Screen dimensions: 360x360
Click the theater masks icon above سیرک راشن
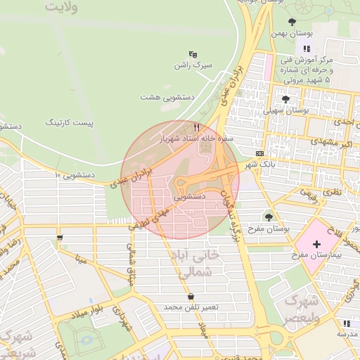(x=193, y=54)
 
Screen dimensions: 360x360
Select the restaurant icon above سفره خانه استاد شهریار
(x=197, y=127)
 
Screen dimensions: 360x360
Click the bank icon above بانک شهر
(x=259, y=153)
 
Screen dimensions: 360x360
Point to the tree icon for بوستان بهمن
(x=292, y=22)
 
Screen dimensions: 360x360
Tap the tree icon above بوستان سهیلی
(x=285, y=99)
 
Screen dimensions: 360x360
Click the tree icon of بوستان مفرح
(x=269, y=217)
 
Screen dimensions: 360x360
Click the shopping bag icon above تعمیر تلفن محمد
(x=192, y=296)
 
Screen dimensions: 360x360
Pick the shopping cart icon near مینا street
(x=60, y=237)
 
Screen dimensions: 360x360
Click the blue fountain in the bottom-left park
(x=86, y=340)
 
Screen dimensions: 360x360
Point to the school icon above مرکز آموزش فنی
(x=306, y=48)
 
